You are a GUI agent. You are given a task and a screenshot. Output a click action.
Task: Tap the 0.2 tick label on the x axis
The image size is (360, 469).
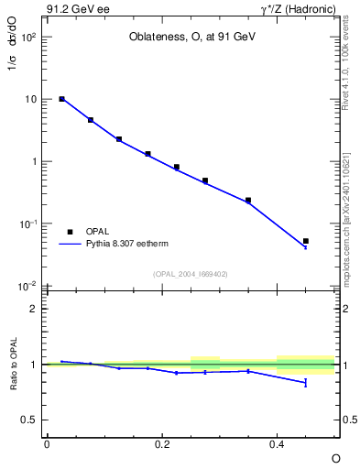161,444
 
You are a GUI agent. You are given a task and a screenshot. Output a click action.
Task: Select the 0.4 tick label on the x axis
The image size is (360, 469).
278,444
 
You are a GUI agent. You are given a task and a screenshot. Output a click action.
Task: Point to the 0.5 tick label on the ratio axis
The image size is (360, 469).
29,420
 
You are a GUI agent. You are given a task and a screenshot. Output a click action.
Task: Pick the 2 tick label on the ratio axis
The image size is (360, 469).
34,309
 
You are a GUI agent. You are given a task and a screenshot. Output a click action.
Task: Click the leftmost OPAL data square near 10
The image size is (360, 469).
61,99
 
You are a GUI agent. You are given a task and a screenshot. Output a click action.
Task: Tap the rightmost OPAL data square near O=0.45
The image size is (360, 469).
306,241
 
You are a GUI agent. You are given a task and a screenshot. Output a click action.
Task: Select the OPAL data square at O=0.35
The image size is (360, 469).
248,200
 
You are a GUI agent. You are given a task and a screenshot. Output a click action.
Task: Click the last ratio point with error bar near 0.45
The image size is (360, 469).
306,382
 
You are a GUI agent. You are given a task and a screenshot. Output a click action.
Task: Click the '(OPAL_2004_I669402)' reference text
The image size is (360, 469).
191,274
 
